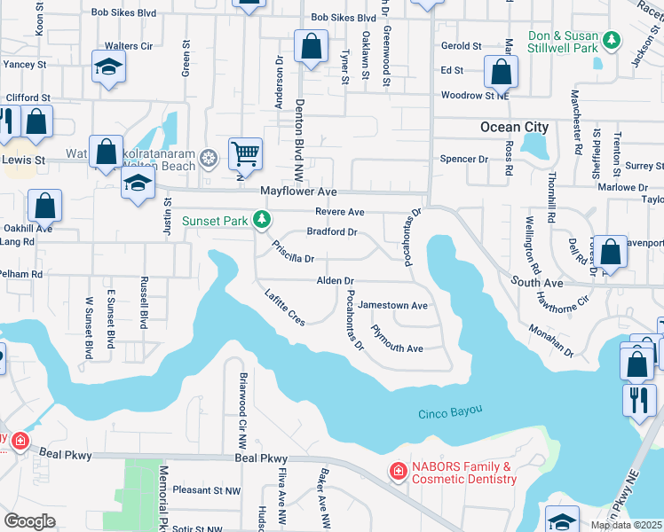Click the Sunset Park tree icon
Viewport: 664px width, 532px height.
tap(261, 219)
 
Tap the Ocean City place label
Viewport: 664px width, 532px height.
tap(514, 127)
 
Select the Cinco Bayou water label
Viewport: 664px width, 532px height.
tap(450, 411)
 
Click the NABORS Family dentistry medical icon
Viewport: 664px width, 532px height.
tap(399, 469)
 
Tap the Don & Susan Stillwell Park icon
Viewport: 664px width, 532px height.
tap(611, 40)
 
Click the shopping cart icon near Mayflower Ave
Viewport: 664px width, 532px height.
tap(245, 153)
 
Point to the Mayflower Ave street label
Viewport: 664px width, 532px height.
tap(298, 192)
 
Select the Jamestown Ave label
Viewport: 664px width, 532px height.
tap(393, 305)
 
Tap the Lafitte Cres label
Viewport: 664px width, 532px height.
tap(285, 307)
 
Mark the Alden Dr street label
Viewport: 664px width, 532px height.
tap(336, 281)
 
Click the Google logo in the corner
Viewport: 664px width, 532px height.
tap(29, 521)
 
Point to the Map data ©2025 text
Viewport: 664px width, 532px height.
tap(626, 525)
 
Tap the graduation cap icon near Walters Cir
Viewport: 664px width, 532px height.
tap(108, 66)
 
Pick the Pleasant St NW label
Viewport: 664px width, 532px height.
tap(208, 489)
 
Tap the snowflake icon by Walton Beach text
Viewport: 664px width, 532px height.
tap(208, 159)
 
